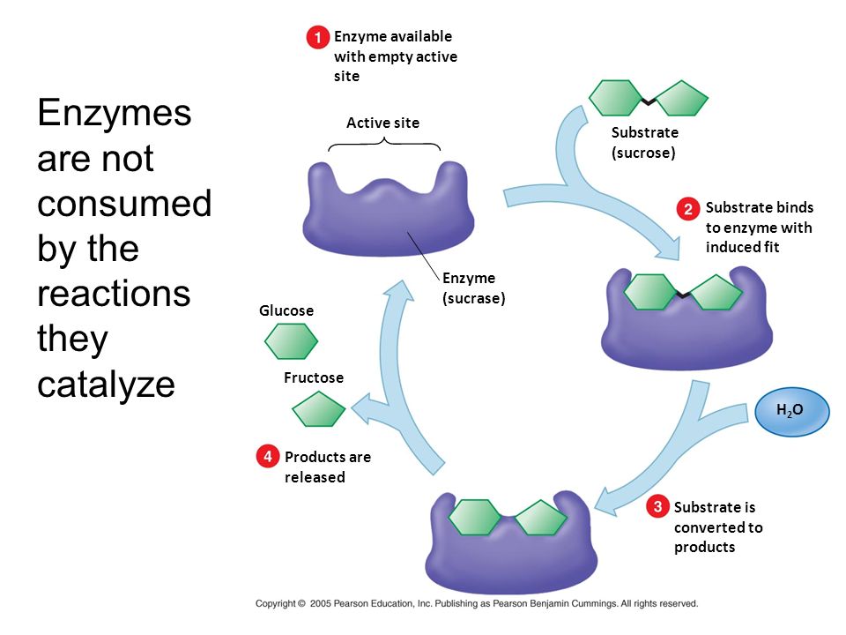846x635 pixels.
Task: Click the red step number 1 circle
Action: point(317,38)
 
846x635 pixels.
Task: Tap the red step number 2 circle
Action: point(688,209)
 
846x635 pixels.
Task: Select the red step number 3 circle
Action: point(657,507)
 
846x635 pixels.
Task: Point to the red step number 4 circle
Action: point(268,457)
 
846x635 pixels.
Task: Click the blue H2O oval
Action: point(792,410)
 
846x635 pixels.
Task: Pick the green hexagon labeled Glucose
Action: point(291,341)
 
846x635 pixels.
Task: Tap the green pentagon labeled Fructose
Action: point(319,409)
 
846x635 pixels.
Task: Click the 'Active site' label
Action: point(382,123)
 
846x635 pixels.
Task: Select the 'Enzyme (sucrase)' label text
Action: point(473,288)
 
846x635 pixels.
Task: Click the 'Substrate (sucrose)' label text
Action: point(644,142)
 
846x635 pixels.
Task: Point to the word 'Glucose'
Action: point(286,310)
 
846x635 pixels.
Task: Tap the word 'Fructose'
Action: point(314,377)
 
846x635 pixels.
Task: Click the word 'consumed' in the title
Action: point(124,204)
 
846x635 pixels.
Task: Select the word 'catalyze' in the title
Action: point(107,385)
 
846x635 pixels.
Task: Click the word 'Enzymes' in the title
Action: point(115,114)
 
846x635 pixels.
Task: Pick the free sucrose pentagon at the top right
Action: point(681,99)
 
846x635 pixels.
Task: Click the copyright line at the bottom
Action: point(477,604)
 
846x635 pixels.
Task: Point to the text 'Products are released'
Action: point(327,467)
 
